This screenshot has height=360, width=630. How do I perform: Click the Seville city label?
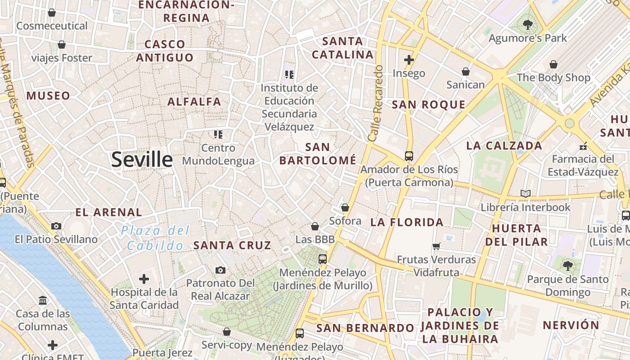point(142,160)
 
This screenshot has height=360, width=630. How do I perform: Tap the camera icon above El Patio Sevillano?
point(56,226)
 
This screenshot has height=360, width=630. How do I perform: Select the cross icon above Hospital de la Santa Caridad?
point(144,279)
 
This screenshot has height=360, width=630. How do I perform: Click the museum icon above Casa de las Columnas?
point(43,300)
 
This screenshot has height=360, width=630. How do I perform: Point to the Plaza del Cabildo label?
point(155,238)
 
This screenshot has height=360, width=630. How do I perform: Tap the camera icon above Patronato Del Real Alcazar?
point(220,270)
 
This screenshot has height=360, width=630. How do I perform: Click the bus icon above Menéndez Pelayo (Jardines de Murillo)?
point(322,259)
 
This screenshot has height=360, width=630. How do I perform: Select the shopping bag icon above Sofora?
point(345,207)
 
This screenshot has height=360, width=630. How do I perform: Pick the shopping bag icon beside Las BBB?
point(315,226)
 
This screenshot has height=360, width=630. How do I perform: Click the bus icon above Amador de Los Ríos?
point(409,156)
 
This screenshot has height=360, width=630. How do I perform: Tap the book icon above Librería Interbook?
point(525,193)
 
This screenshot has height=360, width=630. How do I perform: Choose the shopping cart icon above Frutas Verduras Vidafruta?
point(436,246)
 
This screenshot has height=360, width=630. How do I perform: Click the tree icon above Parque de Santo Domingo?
point(567,265)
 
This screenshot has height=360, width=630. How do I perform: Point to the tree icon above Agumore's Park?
point(528,24)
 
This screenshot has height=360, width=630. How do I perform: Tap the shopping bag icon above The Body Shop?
point(553,64)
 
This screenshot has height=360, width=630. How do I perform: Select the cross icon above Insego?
point(409,59)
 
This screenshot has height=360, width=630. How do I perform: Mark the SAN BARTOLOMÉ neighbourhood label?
point(318,153)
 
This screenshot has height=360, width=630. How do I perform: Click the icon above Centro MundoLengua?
point(218,134)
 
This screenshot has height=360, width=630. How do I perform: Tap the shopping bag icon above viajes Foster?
point(62,45)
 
